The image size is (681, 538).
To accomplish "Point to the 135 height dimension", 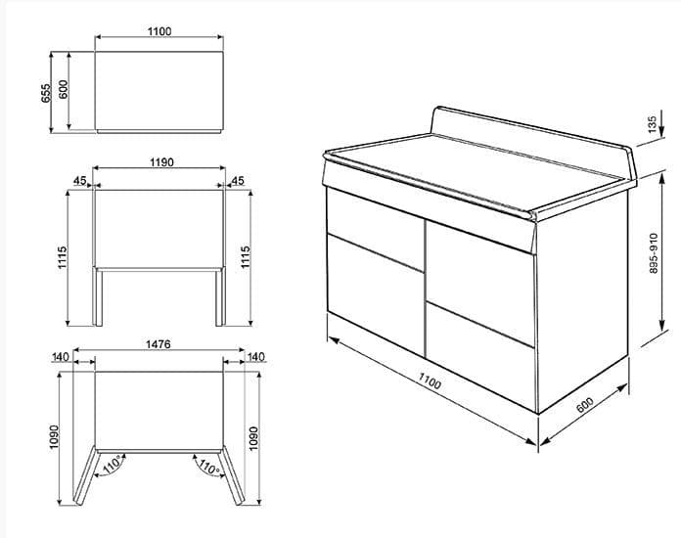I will click(652, 125).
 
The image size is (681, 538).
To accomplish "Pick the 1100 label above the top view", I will click(159, 31).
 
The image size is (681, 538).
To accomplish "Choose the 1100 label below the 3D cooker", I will click(427, 383).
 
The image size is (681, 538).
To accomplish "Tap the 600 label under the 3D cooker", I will click(586, 405).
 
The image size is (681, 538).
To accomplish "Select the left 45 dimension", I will click(78, 180).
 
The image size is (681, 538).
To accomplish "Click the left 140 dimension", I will click(61, 358).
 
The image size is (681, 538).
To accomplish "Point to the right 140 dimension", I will click(256, 358).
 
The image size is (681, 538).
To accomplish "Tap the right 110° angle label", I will click(207, 467).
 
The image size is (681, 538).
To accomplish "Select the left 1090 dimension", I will click(56, 437).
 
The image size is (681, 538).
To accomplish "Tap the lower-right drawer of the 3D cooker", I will click(479, 357).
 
